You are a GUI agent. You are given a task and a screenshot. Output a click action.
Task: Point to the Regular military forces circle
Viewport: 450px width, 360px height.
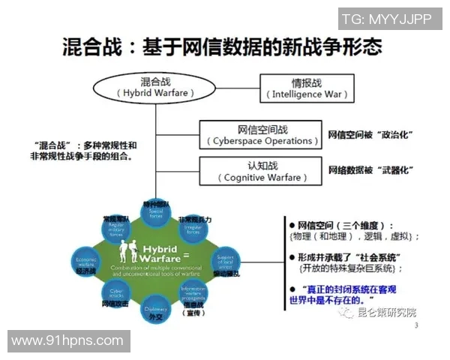click(116, 229)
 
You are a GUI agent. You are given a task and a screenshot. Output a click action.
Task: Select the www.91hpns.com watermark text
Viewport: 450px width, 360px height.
click(67, 341)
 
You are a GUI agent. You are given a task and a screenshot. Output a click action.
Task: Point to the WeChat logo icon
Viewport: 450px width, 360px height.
click(346, 312)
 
